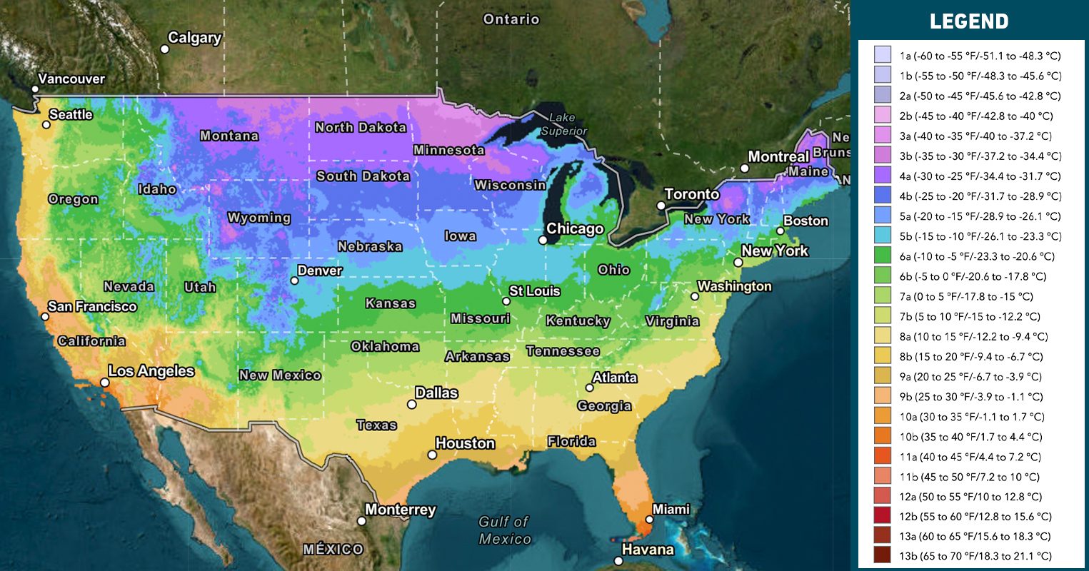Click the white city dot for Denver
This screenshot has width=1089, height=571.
pos(294,281)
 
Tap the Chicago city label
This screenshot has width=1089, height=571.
pos(575,229)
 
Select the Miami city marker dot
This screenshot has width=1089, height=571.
pos(649,520)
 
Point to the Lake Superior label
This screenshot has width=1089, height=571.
pos(563,124)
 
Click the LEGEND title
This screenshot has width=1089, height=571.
pos(969,21)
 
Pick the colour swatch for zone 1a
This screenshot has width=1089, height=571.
pos(883,55)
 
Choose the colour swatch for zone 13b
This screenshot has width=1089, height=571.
pos(883,555)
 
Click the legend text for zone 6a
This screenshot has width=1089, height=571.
pos(977,256)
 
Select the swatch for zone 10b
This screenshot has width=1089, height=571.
pos(883,435)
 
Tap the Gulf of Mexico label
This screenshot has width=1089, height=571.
pos(504,530)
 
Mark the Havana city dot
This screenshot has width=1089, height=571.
pos(618,561)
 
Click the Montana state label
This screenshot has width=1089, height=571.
pos(229,136)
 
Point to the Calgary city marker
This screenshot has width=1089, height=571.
pos(164,49)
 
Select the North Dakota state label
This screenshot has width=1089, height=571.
pos(361,128)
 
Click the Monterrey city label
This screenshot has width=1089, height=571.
pos(400,510)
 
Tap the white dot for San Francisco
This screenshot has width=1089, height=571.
pos(45,316)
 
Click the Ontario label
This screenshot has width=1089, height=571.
pos(511,19)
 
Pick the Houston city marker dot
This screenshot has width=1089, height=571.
pos(432,455)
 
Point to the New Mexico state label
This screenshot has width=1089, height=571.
pos(280,375)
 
